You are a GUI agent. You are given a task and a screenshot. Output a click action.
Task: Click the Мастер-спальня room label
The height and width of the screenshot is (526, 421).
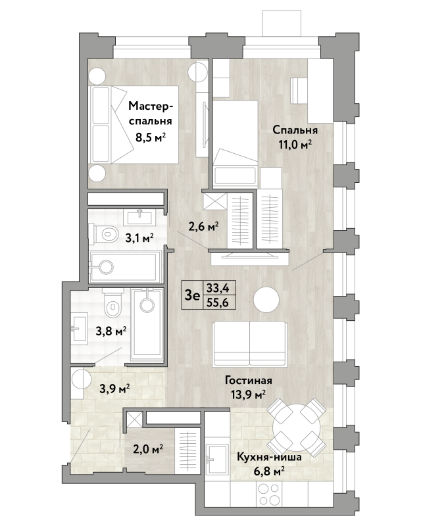(151, 114)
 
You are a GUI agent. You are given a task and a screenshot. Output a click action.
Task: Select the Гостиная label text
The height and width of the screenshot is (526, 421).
(249, 381)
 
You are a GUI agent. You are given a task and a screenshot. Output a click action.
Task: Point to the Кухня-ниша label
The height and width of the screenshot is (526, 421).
(269, 457)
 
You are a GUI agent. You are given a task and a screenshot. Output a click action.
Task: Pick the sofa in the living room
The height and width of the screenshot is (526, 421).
(250, 344)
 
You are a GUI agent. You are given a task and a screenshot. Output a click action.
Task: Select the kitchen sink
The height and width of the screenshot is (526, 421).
(216, 459)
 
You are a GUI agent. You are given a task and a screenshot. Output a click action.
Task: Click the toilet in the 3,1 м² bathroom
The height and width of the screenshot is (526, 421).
(105, 233)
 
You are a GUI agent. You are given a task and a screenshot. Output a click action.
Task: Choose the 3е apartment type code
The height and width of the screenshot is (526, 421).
(192, 295)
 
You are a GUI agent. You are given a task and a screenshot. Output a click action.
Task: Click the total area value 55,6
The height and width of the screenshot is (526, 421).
(218, 303)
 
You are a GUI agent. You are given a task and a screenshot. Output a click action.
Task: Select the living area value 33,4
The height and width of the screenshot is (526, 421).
(218, 288)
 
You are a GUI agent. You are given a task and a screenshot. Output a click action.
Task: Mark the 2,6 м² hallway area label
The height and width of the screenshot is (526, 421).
(204, 227)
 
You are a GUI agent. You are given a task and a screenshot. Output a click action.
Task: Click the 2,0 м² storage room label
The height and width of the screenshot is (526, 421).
(148, 448)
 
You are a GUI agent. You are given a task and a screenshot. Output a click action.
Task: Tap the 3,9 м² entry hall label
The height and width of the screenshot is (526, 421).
(115, 389)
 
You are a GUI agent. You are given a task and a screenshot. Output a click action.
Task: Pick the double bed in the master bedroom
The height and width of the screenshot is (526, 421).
(134, 125)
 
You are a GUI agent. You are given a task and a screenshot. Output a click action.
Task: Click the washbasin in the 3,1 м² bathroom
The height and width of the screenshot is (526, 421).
(139, 218)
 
